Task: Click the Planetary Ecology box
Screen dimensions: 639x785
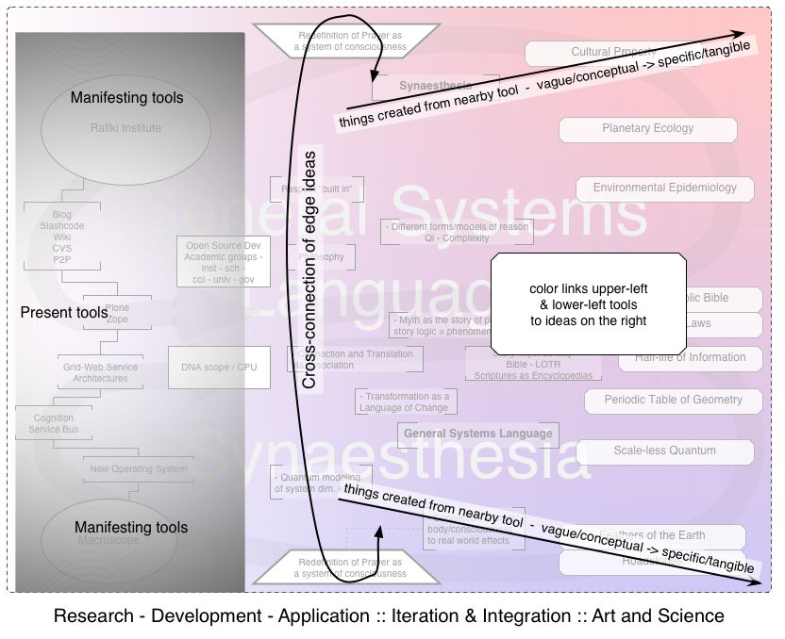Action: (647, 129)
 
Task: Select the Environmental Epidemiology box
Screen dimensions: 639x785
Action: (664, 188)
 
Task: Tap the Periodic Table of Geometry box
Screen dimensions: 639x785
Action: (673, 401)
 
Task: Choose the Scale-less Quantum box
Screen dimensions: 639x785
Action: (664, 451)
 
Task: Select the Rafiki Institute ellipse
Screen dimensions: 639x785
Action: (125, 128)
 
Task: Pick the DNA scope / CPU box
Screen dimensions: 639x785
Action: (219, 368)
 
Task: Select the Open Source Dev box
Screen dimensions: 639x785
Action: (224, 262)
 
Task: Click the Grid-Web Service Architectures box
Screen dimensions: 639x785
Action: (100, 373)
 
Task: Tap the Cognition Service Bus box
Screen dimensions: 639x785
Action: (53, 424)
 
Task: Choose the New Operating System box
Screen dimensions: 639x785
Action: (138, 468)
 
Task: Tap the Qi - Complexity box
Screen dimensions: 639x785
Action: (457, 233)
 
